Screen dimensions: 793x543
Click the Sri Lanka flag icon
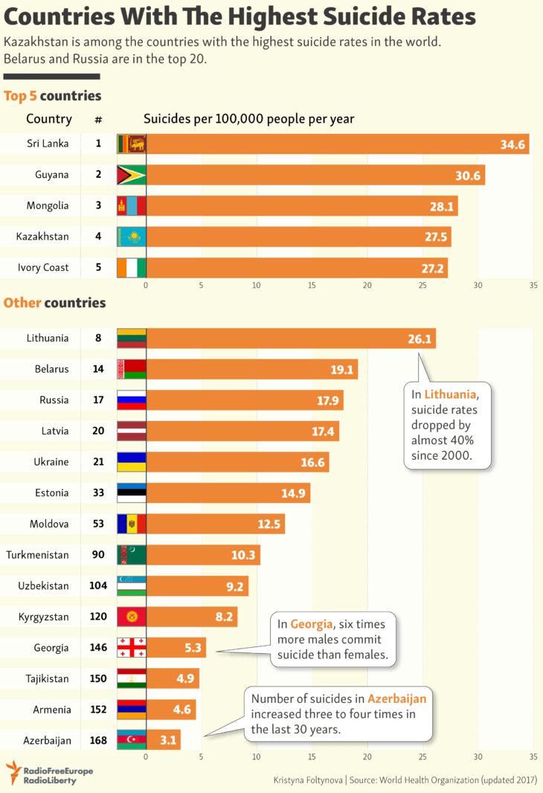132,144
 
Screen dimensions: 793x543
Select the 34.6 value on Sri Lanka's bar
513,144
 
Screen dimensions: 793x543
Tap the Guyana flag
132,175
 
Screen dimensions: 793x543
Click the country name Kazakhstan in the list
42,237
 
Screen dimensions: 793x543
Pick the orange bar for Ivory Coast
298,268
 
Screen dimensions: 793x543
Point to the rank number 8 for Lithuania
98,338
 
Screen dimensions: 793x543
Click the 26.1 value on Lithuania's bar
420,338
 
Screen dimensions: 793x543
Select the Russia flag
132,400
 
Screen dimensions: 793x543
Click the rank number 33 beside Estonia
98,492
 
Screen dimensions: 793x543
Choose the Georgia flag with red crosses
132,647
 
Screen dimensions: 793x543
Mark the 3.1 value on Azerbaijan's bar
167,740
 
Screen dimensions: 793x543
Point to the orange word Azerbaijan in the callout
397,699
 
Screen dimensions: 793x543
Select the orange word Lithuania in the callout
446,393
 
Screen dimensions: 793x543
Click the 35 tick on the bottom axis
533,757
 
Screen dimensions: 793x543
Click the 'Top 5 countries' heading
52,96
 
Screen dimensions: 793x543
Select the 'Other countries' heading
54,303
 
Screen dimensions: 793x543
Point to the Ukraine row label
51,462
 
